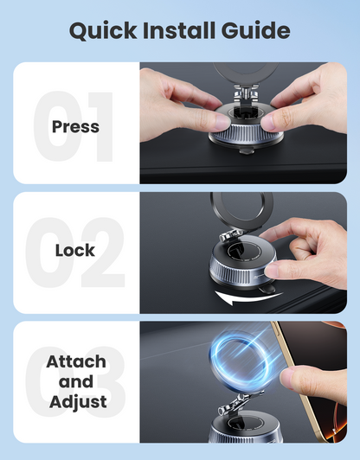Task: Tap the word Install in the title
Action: (180, 32)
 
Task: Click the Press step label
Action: (75, 126)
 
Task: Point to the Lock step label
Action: (75, 251)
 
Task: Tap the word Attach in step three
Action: (75, 361)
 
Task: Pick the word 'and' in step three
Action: (75, 381)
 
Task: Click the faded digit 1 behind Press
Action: (95, 126)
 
